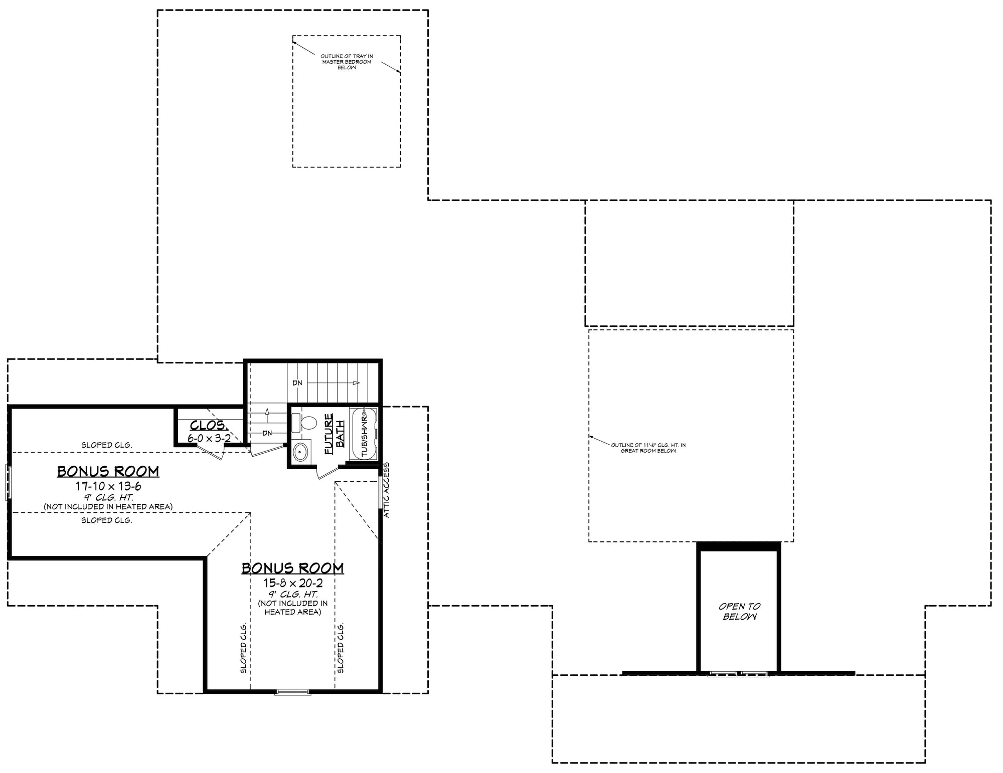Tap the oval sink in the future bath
coord(300,452)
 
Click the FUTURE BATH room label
coord(334,434)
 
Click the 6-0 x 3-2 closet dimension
coord(209,438)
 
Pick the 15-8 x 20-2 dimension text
coord(293,583)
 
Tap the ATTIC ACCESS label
coord(387,490)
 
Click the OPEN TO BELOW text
coord(739,612)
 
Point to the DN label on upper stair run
coord(297,383)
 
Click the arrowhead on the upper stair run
coord(356,383)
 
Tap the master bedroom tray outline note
coord(347,62)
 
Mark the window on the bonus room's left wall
coord(9,482)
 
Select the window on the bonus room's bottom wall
coord(293,692)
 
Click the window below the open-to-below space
coord(738,674)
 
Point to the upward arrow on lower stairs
coord(267,412)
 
